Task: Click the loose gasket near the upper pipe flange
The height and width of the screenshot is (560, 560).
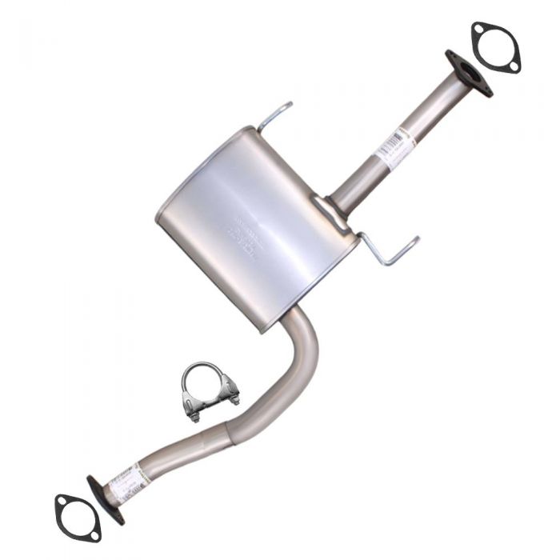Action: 496,48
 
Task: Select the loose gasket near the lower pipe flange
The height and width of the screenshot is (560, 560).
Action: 78,518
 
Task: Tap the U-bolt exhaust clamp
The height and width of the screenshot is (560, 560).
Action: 207,392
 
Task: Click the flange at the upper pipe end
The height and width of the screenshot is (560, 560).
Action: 468,73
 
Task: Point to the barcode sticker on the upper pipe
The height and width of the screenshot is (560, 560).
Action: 395,147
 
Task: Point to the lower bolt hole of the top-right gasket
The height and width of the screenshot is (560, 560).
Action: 512,65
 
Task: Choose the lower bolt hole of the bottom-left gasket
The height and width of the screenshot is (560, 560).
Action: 94,534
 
